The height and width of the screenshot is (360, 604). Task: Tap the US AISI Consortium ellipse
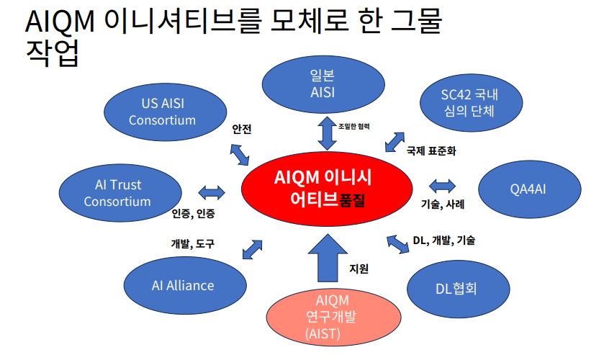(162, 112)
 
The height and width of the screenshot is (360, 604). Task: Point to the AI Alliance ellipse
(183, 285)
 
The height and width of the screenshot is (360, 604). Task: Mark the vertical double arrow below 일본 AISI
(327, 133)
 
